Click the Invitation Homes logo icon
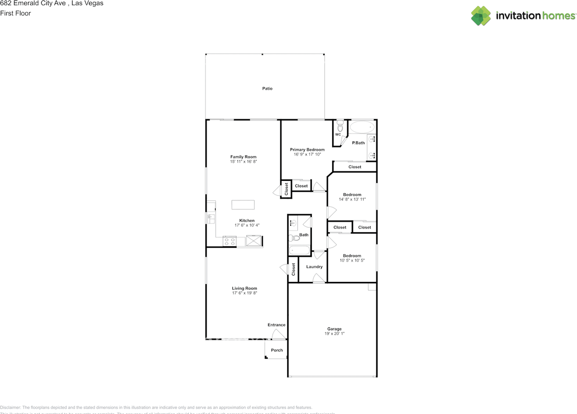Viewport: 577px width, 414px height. click(481, 16)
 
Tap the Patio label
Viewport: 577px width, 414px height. click(267, 89)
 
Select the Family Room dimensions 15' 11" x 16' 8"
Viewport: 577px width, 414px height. click(243, 161)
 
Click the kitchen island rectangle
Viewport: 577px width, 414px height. click(243, 205)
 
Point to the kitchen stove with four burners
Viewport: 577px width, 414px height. click(230, 241)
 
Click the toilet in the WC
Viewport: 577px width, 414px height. click(340, 126)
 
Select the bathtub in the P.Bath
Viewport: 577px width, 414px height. click(362, 127)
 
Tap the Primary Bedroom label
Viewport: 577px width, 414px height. click(307, 150)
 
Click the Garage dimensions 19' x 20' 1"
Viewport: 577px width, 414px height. click(334, 334)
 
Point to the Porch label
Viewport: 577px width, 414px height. click(277, 350)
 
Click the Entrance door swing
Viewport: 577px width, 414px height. click(279, 334)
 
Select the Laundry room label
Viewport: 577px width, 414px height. click(314, 267)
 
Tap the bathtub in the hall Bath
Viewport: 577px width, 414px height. click(299, 250)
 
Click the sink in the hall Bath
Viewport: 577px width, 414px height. click(293, 222)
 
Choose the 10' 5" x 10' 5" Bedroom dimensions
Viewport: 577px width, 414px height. click(352, 260)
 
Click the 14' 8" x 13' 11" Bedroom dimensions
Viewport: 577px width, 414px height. click(352, 199)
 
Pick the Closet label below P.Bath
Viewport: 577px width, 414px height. click(355, 167)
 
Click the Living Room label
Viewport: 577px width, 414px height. click(244, 288)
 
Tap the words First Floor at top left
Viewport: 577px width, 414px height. click(16, 14)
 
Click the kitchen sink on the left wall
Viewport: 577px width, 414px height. click(211, 219)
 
